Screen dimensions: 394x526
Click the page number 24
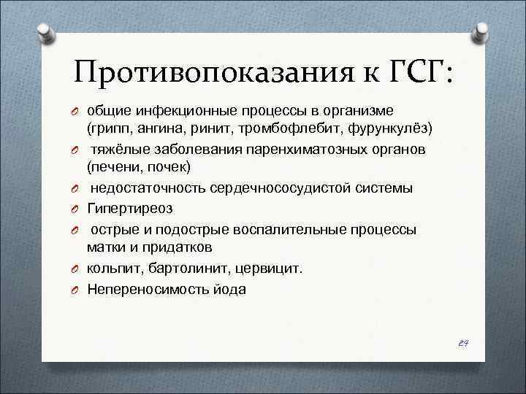[463, 341]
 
